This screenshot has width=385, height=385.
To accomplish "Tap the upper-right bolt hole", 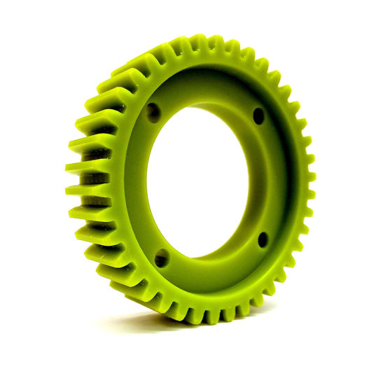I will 258,115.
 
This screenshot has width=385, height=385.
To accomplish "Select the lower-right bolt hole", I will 262,239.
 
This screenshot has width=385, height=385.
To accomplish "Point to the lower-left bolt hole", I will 162,258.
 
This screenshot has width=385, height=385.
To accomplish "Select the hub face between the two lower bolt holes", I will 213,269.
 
